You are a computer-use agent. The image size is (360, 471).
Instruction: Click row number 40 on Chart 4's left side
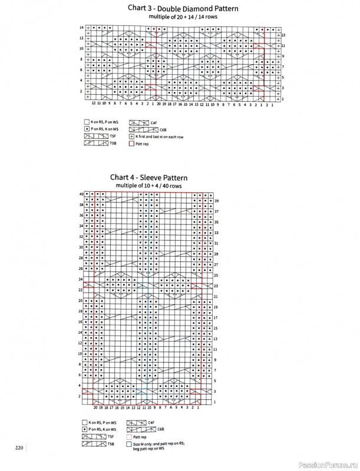click(x=81, y=194)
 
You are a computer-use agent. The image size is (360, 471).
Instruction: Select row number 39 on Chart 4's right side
click(x=216, y=200)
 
